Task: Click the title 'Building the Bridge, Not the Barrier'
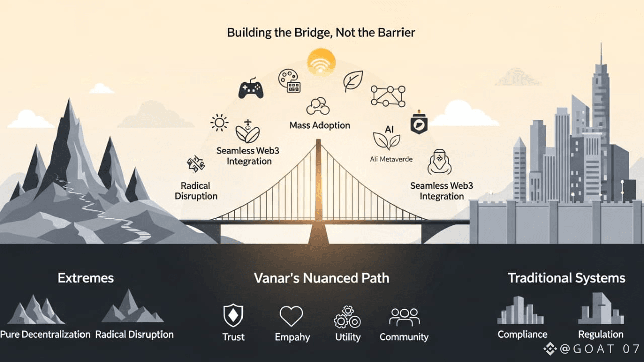coord(321,33)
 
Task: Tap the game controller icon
coord(251,88)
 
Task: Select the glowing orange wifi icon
coord(321,62)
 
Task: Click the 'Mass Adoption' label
coord(319,125)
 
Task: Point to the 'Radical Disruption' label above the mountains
coord(196,191)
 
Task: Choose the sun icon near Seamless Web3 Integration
coord(219,122)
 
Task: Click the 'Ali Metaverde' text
coord(391,159)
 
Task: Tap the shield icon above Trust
coord(233,316)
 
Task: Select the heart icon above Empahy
coord(291,316)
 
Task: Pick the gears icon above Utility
coord(347,317)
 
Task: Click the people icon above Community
coord(404,317)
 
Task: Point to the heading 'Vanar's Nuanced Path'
coord(321,278)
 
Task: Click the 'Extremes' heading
coord(86,278)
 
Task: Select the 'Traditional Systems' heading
coord(566,278)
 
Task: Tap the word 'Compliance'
coord(522,335)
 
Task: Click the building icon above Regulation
coord(600,309)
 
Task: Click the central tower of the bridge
coord(318,186)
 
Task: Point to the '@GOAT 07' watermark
coord(592,349)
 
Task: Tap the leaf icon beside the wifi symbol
coord(353,81)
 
